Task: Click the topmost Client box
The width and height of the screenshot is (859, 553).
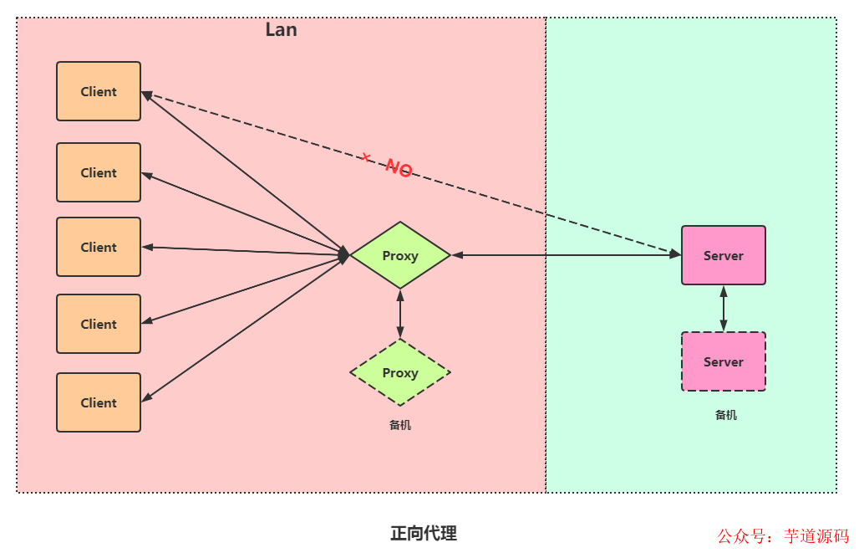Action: (x=99, y=91)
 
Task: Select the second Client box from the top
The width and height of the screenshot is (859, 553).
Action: (x=99, y=172)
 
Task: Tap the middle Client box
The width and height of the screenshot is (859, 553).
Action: (x=99, y=247)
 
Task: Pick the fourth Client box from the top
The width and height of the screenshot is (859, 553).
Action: (x=99, y=324)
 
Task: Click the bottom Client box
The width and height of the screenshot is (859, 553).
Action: (x=99, y=402)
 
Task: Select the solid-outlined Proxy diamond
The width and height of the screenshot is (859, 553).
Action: (x=400, y=255)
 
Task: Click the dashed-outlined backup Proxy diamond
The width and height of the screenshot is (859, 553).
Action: (x=400, y=372)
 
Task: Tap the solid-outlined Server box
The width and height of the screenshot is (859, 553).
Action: (x=724, y=255)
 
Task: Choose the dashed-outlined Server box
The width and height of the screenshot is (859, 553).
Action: (x=724, y=361)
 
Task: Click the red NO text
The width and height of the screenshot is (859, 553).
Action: (x=399, y=168)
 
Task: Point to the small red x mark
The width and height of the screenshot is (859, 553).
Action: (x=365, y=156)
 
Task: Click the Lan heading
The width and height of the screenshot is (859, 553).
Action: (x=281, y=29)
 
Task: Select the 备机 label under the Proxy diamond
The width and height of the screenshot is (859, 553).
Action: (x=400, y=425)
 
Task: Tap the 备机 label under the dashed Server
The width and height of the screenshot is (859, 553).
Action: (x=726, y=415)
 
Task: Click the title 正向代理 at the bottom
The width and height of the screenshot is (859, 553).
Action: (x=424, y=533)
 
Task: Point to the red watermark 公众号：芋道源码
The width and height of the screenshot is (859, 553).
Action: (x=783, y=536)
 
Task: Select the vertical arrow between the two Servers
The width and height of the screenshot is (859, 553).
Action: (x=724, y=308)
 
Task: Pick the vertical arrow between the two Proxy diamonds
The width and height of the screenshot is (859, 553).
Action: (x=400, y=314)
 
